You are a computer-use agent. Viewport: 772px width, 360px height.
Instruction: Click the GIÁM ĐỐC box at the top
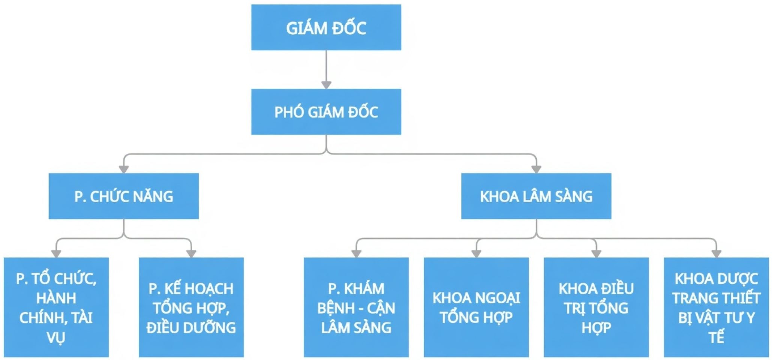tap(326, 27)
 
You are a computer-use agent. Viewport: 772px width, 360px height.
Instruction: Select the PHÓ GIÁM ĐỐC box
tap(326, 112)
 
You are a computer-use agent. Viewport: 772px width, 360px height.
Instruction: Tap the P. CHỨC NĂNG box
tap(123, 196)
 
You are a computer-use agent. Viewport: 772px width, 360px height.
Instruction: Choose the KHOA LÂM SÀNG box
tap(536, 196)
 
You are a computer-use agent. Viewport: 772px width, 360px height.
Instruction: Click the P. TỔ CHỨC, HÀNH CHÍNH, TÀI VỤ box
tap(56, 307)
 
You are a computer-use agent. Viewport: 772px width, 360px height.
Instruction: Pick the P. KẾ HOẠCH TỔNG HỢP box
tap(191, 307)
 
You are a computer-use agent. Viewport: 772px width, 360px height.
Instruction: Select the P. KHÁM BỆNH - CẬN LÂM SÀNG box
tap(356, 307)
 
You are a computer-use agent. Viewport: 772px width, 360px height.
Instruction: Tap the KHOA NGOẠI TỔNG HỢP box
tap(476, 307)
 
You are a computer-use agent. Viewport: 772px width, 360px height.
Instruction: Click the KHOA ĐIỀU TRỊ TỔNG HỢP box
tap(596, 307)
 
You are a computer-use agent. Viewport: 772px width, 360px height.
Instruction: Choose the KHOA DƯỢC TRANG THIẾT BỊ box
tap(716, 307)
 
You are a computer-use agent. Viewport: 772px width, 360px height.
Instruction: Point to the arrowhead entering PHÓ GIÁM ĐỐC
tap(326, 85)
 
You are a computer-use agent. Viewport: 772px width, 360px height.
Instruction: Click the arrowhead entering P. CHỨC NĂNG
tap(123, 169)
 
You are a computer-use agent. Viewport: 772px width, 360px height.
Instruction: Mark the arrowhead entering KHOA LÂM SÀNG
tap(536, 169)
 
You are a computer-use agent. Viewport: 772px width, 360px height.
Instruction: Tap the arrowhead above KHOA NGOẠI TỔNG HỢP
tap(476, 253)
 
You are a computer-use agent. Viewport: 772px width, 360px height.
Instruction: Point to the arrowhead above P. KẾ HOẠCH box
tap(191, 253)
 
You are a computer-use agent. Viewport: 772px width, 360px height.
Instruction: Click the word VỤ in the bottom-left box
tap(56, 337)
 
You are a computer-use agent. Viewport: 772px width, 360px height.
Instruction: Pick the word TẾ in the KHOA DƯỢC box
tap(716, 337)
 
